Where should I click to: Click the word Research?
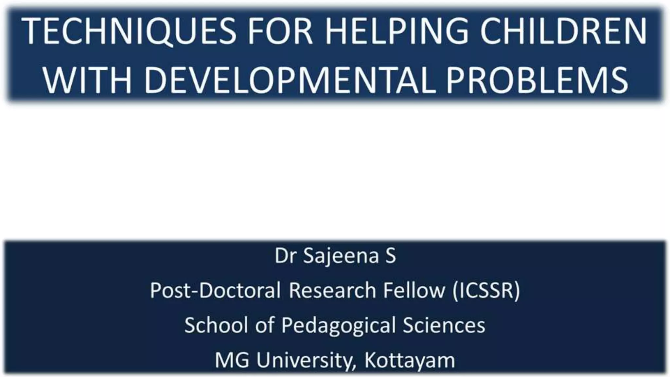332,290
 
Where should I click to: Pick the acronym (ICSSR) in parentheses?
486,290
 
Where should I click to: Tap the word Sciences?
444,325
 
